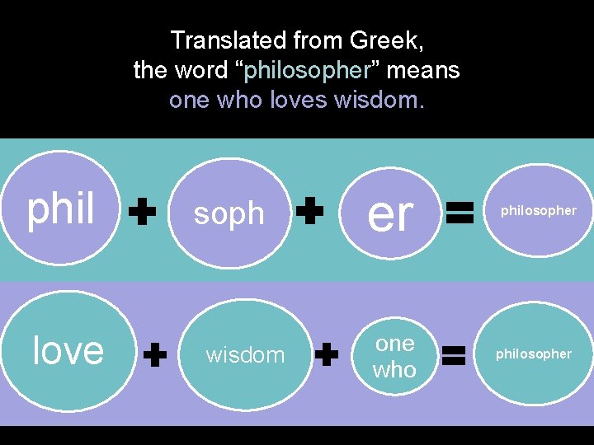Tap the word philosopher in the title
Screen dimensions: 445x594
[305, 71]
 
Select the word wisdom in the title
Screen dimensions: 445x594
[378, 101]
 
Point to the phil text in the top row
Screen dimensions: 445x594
[61, 209]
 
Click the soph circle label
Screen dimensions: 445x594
[229, 213]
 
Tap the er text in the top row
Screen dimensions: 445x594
[390, 214]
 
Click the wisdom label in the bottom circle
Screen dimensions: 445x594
[245, 355]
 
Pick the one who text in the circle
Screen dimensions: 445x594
[394, 356]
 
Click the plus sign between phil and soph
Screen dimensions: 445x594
[144, 213]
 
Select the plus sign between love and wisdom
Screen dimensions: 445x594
[155, 356]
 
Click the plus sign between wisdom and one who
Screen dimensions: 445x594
[327, 355]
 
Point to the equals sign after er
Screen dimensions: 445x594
[459, 214]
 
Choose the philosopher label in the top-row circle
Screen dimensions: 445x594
[539, 211]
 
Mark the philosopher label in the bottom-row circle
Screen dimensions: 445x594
[533, 354]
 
